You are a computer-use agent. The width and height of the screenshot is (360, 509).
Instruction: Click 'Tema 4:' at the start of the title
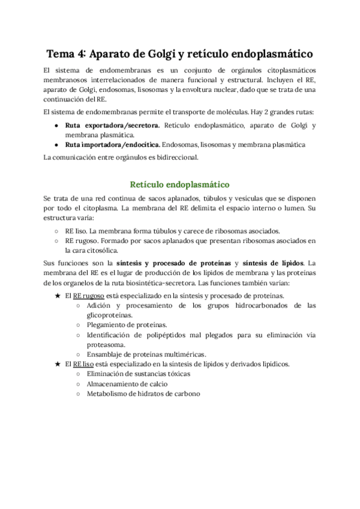[67, 55]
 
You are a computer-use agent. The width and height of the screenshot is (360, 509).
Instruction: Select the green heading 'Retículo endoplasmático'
[180, 184]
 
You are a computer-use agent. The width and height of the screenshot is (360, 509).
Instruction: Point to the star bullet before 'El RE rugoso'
[57, 296]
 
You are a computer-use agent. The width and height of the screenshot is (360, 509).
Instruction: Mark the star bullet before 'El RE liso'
[57, 364]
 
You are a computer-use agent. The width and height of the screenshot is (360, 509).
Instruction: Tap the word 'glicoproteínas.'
[110, 315]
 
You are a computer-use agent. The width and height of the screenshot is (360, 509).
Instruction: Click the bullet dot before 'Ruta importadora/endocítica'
[57, 145]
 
